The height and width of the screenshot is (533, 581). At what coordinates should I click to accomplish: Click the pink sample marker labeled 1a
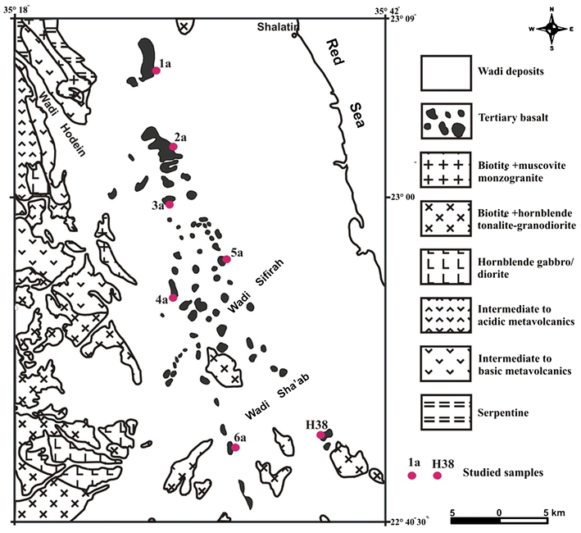[x=156, y=71]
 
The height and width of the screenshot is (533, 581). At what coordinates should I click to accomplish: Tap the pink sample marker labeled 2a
[x=174, y=147]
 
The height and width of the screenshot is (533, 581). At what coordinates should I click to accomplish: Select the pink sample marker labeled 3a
[x=170, y=204]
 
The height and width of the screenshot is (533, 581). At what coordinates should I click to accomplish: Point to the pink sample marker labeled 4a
[x=173, y=298]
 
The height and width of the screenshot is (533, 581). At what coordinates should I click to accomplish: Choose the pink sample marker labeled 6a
[x=235, y=448]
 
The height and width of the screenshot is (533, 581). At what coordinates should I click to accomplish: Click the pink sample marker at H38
[x=320, y=435]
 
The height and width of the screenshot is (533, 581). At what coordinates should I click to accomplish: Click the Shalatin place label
[x=280, y=25]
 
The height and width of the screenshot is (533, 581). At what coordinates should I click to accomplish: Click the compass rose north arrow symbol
[x=553, y=27]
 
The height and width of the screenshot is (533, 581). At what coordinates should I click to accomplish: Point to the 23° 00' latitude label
[x=405, y=198]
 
